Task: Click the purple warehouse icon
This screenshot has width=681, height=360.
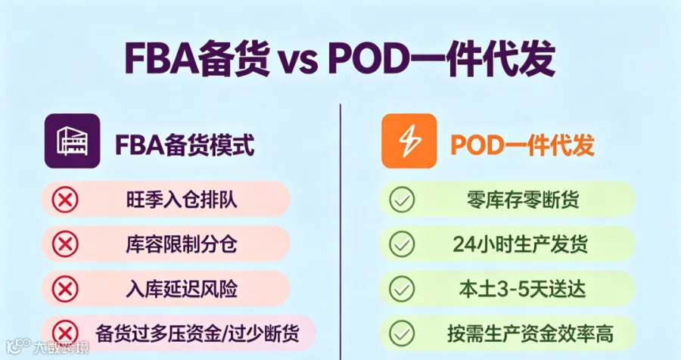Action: [72, 141]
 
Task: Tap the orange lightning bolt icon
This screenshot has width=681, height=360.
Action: [409, 141]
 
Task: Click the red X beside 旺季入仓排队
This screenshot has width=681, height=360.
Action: [65, 200]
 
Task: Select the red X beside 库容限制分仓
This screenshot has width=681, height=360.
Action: [65, 244]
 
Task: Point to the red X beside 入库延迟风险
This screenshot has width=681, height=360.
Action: [65, 289]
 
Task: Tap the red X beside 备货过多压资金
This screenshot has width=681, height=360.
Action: [65, 334]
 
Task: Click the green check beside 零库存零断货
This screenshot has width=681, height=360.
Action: [402, 200]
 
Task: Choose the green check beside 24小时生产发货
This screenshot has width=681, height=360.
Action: [402, 244]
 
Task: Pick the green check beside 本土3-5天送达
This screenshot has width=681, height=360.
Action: [402, 289]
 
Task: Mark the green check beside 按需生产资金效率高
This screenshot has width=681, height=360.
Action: [402, 334]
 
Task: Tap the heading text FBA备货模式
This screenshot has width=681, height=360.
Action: [185, 144]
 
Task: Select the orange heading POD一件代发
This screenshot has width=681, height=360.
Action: [522, 144]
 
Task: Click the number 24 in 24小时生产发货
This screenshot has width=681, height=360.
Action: [465, 244]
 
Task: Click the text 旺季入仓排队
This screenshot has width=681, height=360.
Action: [182, 200]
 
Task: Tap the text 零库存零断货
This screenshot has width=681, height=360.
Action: [523, 200]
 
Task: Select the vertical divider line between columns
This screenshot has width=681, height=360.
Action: [340, 231]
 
